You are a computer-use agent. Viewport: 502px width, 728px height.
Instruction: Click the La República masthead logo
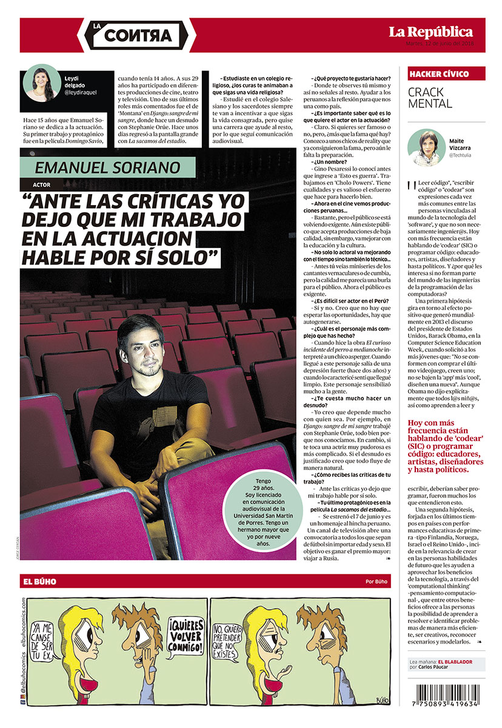pos(430,32)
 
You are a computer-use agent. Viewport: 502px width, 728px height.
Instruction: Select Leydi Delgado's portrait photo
pos(42,83)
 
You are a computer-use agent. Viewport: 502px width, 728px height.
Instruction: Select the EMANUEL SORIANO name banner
pos(108,167)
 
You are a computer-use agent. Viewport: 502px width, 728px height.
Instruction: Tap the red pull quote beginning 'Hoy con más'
pos(446,446)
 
